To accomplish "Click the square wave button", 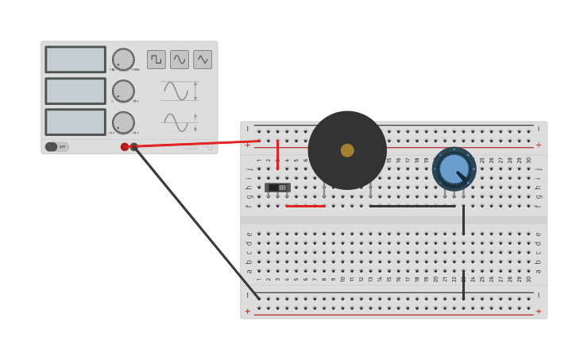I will click(157, 60).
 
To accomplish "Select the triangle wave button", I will click(203, 60).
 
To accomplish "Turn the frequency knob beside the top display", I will click(123, 60).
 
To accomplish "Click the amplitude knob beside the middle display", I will click(123, 91).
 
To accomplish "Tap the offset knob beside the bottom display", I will click(123, 122).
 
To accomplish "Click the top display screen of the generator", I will click(75, 60).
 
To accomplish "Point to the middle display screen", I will click(75, 91).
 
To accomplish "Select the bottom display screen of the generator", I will click(75, 122).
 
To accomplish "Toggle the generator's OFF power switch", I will click(56, 146).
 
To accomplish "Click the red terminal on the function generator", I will click(125, 146).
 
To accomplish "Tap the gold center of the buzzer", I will click(347, 150).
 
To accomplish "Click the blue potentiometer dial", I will click(454, 168).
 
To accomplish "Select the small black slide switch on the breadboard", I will click(277, 188).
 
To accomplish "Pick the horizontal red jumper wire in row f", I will click(305, 206).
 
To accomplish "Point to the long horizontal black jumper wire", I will click(412, 206).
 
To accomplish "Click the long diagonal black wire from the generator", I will click(199, 223).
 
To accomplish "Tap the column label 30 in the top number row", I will click(528, 160).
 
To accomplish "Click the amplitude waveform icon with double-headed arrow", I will click(180, 91).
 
